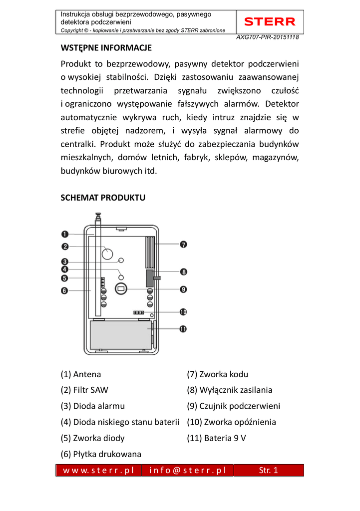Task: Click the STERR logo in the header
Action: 270,22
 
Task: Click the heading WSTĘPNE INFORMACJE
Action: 106,48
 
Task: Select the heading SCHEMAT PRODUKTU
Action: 103,198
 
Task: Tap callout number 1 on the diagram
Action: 65,234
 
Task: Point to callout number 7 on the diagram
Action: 183,245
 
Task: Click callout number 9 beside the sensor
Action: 183,289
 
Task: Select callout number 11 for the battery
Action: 183,329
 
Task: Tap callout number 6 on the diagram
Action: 65,291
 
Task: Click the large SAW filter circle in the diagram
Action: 107,253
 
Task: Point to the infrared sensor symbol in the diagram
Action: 120,288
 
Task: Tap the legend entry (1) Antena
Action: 81,374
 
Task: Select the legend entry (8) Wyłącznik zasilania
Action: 230,390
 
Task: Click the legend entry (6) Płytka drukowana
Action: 101,454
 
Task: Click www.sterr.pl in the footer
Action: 98,470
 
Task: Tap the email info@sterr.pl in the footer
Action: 187,470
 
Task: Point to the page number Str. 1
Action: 269,470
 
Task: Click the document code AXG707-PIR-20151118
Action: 268,37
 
